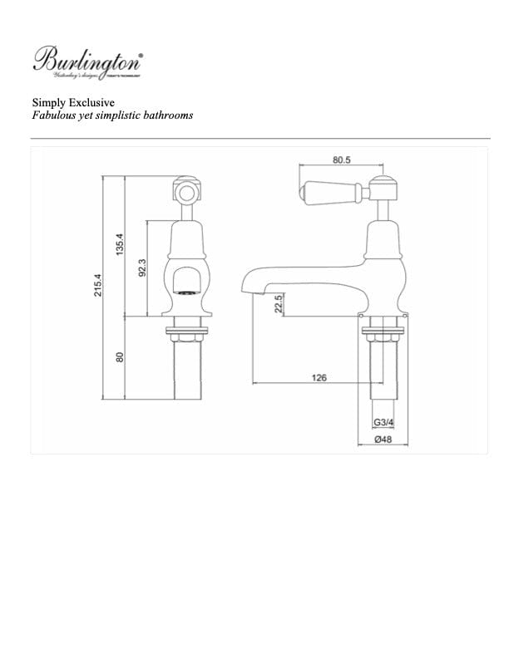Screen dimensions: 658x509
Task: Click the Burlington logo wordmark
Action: point(87,60)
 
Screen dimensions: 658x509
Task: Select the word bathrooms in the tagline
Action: point(166,115)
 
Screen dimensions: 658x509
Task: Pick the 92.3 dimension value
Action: point(142,268)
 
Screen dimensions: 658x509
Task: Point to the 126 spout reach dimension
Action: point(319,378)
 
